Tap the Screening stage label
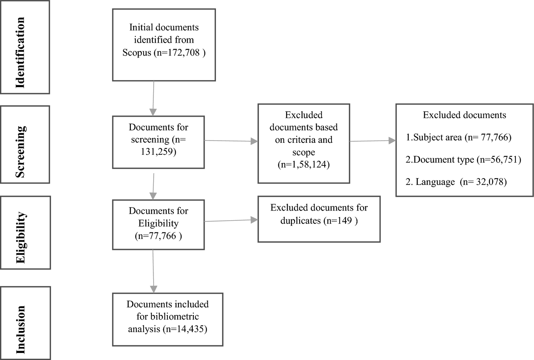coord(21,151)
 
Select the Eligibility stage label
coord(21,237)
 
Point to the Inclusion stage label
coord(21,329)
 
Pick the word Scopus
coord(137,52)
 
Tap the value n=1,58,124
coord(304,164)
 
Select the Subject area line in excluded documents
coord(458,137)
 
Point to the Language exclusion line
coord(456,182)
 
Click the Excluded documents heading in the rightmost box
coord(464,115)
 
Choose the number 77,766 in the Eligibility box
coord(163,236)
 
